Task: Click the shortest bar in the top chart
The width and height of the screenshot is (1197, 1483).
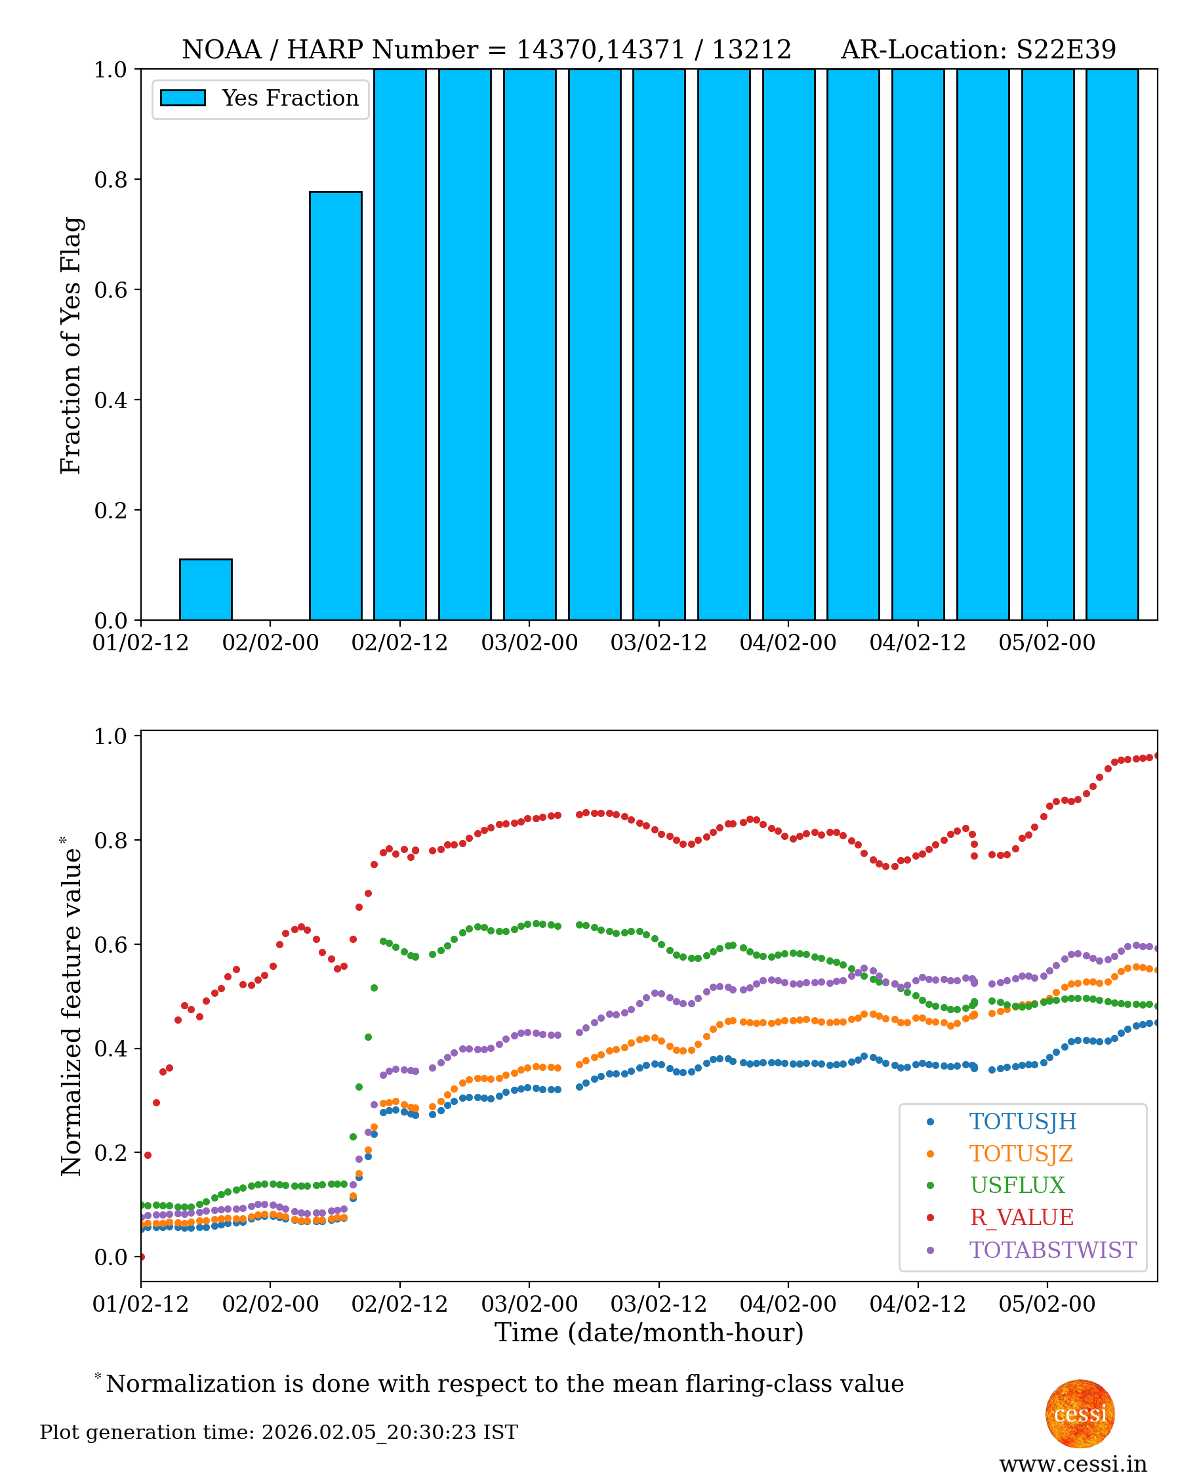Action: tap(205, 589)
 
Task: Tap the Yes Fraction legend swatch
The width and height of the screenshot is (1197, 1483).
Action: tap(183, 98)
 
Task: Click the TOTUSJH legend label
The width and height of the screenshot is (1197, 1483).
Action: tap(1022, 1121)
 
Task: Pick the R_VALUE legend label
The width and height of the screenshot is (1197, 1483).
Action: tap(1021, 1217)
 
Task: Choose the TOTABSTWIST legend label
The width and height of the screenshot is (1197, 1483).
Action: tap(1052, 1250)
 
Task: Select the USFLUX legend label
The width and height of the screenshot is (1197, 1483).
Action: tap(1017, 1185)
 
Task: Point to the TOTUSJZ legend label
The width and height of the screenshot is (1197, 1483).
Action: tap(1021, 1154)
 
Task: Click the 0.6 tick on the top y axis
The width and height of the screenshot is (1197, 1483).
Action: tap(110, 289)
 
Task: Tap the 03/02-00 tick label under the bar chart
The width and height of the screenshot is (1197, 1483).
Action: tap(529, 643)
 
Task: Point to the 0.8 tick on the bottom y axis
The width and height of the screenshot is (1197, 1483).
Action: tap(110, 840)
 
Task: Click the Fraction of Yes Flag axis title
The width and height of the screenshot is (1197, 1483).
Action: tap(71, 345)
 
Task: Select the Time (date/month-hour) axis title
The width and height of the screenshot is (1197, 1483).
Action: tap(649, 1333)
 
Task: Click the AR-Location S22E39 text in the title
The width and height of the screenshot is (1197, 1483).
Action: tap(978, 50)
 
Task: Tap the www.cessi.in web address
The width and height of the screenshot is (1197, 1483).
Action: tap(1073, 1464)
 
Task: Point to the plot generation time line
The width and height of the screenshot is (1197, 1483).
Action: tap(279, 1432)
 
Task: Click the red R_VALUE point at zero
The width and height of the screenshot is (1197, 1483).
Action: tap(142, 1257)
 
